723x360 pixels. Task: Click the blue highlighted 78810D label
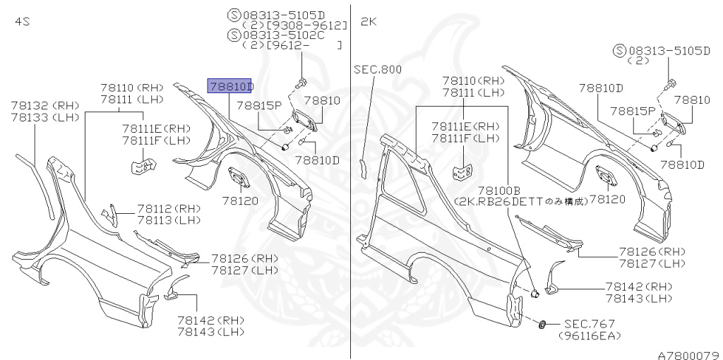pyautogui.click(x=230, y=86)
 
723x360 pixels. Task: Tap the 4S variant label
pyautogui.click(x=22, y=22)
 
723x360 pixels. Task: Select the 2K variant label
pyautogui.click(x=369, y=22)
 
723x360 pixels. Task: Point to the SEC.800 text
pyautogui.click(x=377, y=69)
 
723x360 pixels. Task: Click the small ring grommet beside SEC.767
pyautogui.click(x=542, y=324)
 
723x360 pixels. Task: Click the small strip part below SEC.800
pyautogui.click(x=363, y=167)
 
